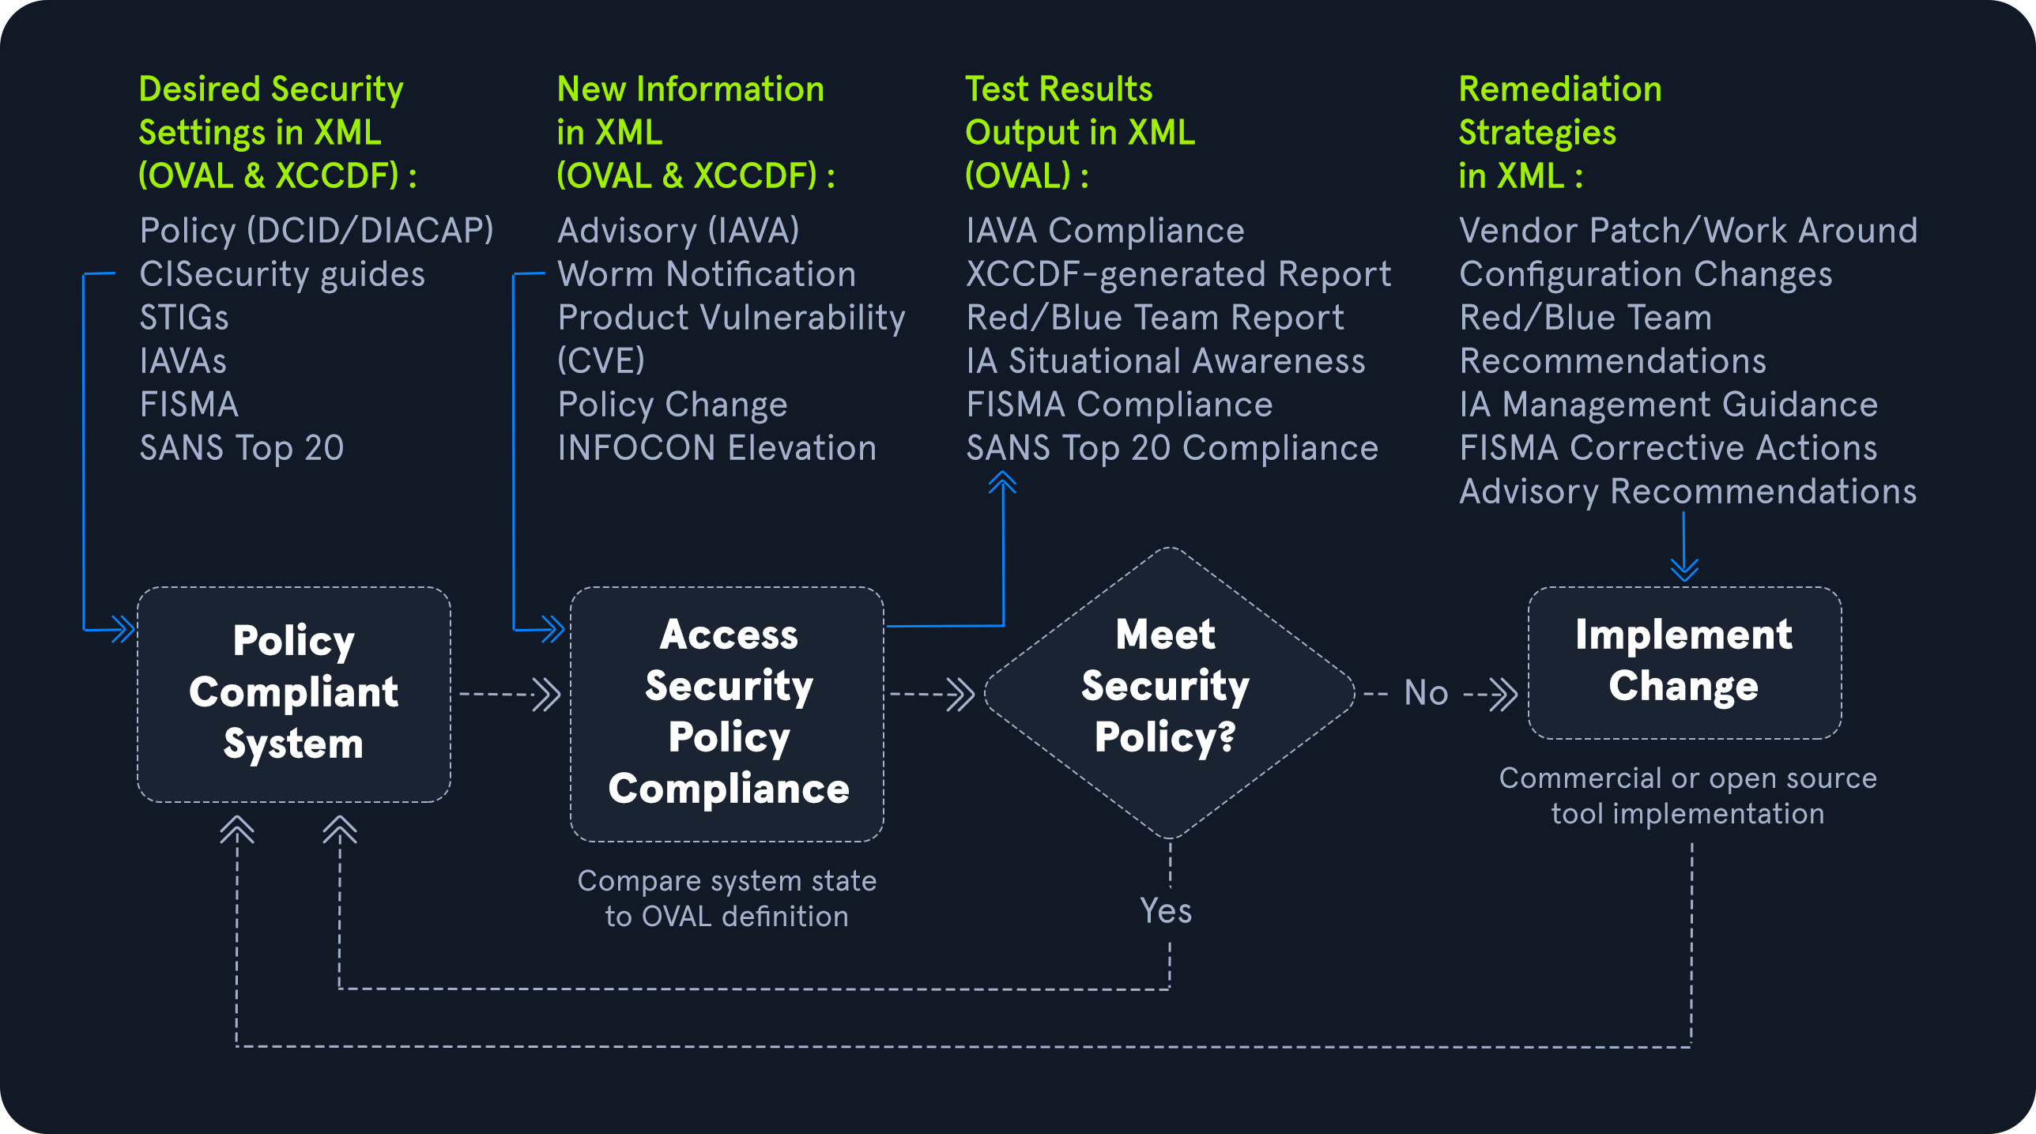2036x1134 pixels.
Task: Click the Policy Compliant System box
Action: point(294,694)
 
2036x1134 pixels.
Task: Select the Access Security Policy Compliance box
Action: point(727,714)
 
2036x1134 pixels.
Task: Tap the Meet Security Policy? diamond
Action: point(1170,693)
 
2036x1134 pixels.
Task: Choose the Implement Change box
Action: point(1685,662)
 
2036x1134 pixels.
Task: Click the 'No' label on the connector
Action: point(1426,693)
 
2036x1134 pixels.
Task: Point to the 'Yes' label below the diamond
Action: point(1166,911)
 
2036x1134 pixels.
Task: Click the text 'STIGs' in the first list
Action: point(184,318)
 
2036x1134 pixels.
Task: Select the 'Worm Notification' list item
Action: point(707,274)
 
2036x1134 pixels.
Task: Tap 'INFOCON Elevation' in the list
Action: point(717,448)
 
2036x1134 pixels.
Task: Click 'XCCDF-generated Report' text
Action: point(1178,274)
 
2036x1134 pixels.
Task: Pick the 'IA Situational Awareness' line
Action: point(1166,361)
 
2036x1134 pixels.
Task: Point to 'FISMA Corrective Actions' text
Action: point(1668,448)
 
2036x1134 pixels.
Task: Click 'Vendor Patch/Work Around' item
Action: point(1688,231)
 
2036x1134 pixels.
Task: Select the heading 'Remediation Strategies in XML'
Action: point(1560,132)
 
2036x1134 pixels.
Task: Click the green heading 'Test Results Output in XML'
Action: point(1080,132)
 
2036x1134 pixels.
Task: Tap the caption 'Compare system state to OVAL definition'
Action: point(727,899)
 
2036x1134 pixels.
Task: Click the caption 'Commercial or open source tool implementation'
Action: point(1688,796)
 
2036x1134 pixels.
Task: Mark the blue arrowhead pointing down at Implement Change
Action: point(1684,569)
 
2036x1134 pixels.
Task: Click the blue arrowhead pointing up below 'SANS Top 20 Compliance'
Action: point(1002,482)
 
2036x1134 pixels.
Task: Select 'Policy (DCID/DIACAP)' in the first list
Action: point(316,231)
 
